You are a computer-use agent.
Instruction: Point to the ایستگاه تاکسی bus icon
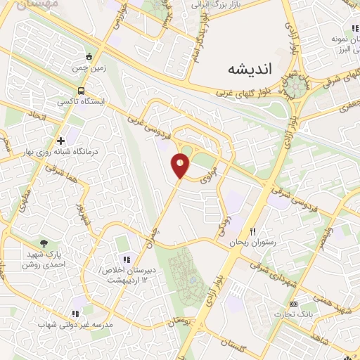coord(82,91)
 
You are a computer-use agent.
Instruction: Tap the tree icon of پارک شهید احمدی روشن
coord(44,243)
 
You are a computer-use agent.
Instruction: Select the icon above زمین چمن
coord(88,57)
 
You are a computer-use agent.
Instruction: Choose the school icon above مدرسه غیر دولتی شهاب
coord(75,314)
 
